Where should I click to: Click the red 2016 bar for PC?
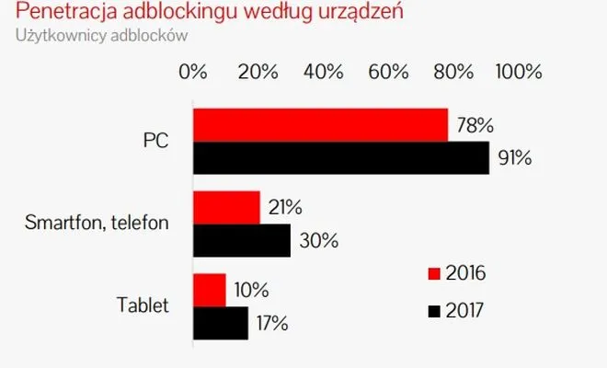[320, 125]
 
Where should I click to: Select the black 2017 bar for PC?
[340, 157]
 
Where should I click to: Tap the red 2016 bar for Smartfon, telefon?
[226, 208]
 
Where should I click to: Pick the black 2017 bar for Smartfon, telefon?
[241, 240]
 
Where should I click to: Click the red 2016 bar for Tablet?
[209, 290]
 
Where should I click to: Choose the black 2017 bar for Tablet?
[220, 322]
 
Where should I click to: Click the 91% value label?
[515, 157]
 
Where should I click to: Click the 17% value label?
[271, 323]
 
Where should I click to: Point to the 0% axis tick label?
[193, 72]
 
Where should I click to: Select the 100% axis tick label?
[521, 72]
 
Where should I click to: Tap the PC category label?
[155, 142]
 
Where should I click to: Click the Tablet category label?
[143, 305]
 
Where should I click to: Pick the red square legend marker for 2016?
[434, 273]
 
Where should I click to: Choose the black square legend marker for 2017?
[434, 312]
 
